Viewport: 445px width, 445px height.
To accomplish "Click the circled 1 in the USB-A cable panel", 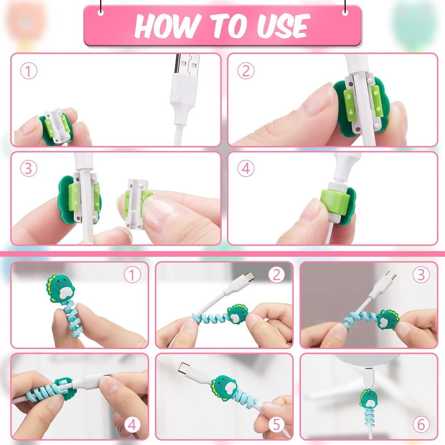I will click(28, 71).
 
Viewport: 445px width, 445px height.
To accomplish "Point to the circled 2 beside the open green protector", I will click(246, 71).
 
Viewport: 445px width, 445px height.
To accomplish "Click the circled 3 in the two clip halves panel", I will click(28, 169).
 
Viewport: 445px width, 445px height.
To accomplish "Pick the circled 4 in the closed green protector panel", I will click(246, 169).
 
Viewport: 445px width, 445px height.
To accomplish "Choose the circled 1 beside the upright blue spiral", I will click(132, 275).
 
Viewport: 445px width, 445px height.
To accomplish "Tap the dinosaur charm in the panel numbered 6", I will click(369, 399).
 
